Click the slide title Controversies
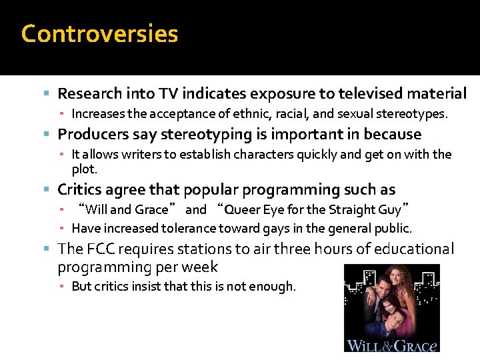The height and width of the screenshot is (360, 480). (99, 33)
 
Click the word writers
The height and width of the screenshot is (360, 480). (149, 155)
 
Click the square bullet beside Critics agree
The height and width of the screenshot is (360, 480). (49, 190)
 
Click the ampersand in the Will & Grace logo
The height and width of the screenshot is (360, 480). (391, 345)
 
